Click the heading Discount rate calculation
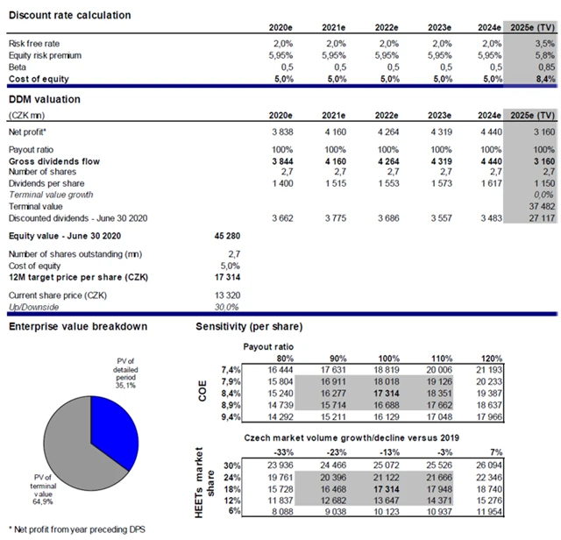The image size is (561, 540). click(69, 16)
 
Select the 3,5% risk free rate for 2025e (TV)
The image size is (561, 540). click(543, 43)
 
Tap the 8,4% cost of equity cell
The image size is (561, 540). click(543, 78)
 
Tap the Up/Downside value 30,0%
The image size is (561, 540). click(225, 307)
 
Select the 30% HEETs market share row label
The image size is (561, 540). click(231, 464)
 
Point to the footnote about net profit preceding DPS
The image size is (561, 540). click(69, 531)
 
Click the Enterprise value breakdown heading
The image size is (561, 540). click(76, 327)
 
